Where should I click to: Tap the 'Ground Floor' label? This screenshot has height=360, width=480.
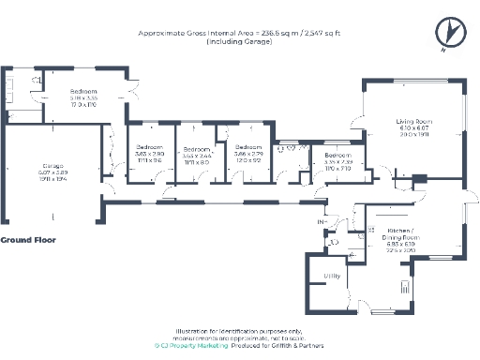point(28,240)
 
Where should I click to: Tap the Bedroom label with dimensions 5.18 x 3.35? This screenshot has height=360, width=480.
point(84,92)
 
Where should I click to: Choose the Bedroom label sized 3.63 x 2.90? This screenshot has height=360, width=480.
point(150,148)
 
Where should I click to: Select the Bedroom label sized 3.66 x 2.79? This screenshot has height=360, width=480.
point(248,148)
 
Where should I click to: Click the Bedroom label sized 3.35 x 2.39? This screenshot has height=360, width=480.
point(337,155)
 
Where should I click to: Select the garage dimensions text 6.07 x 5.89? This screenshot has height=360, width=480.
point(52,173)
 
